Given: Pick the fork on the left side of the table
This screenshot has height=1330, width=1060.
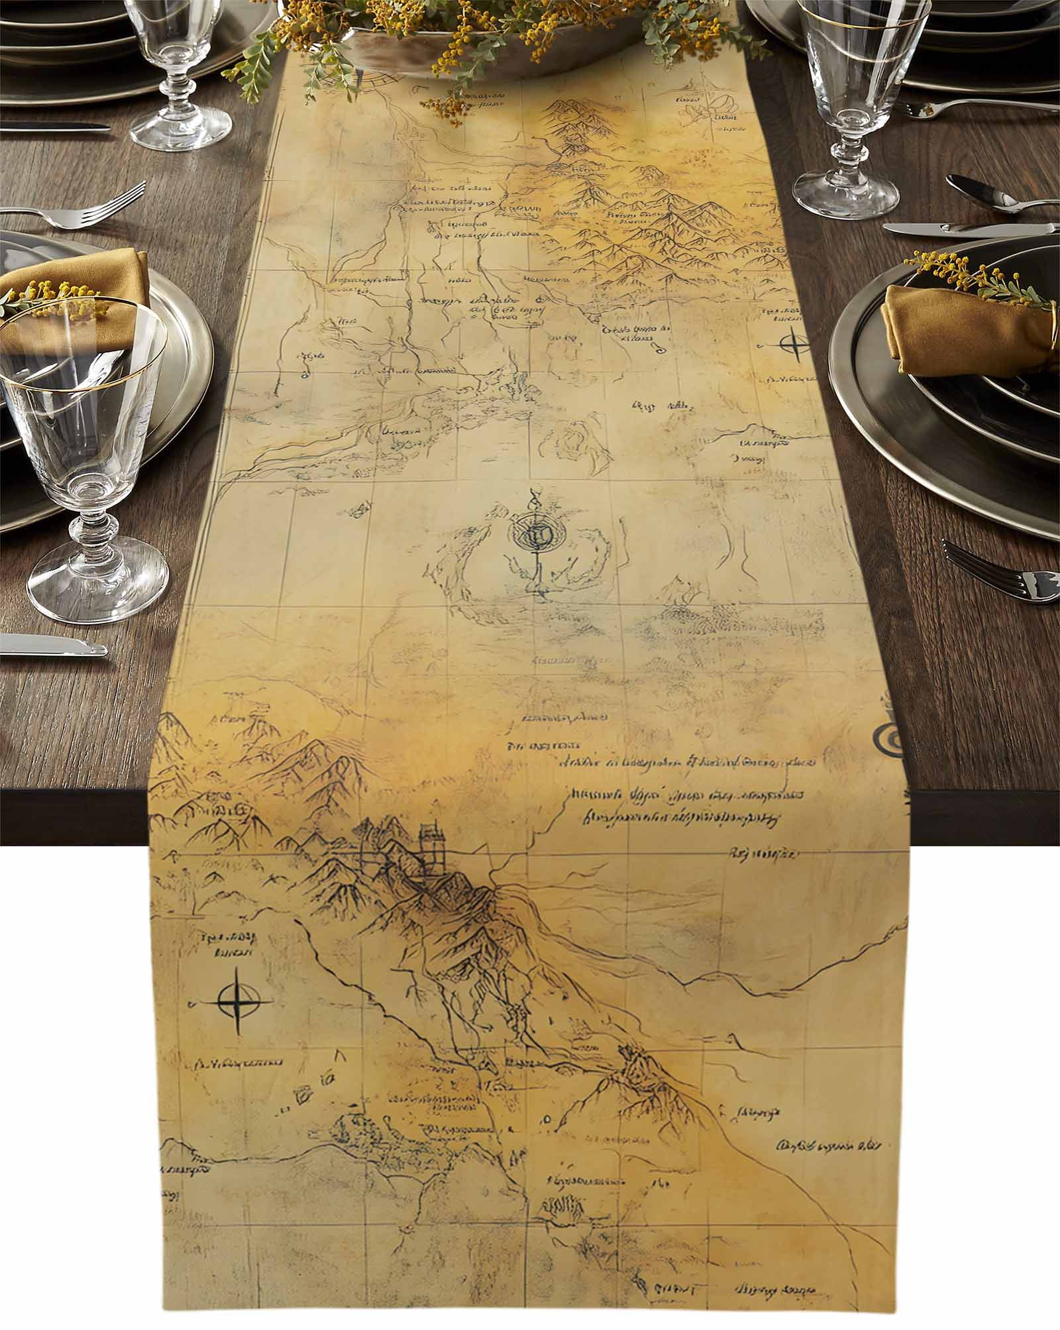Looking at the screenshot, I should click(73, 205).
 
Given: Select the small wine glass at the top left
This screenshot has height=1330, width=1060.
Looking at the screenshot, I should click(179, 73).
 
